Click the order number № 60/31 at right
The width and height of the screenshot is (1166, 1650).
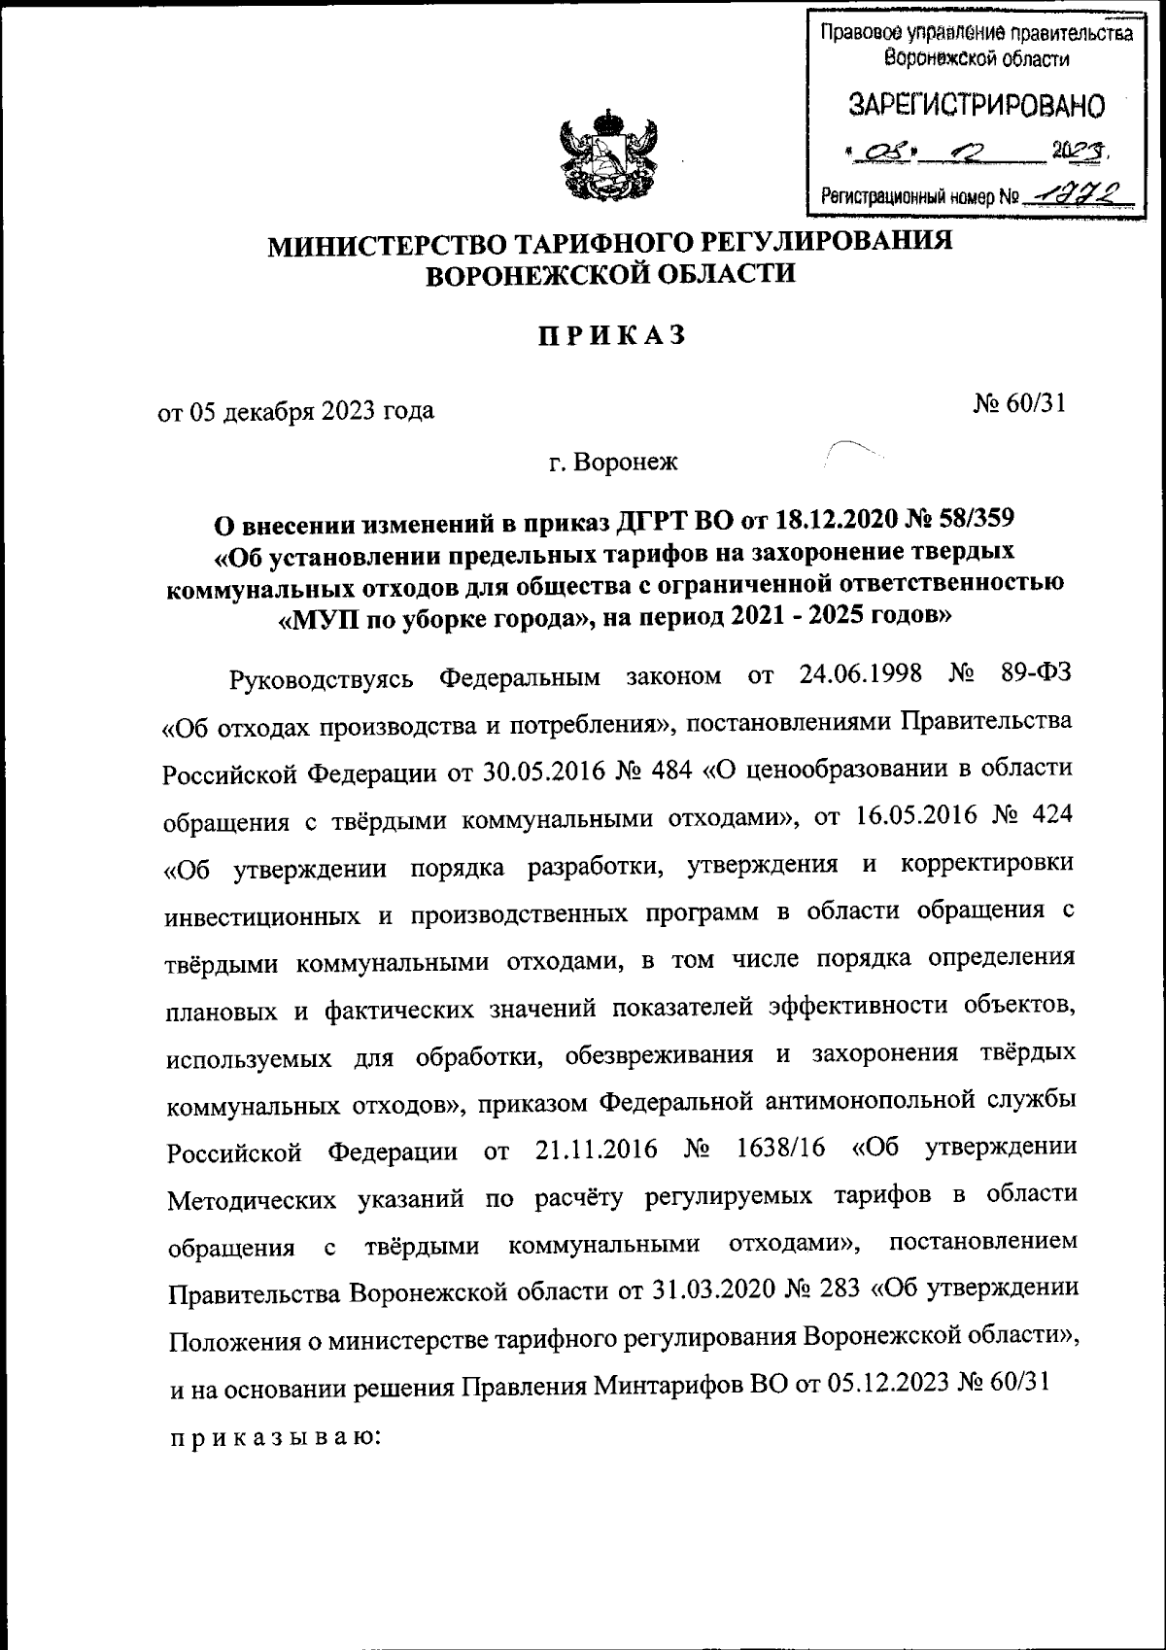pyautogui.click(x=1019, y=402)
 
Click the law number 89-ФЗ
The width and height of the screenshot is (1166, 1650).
pyautogui.click(x=1035, y=673)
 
